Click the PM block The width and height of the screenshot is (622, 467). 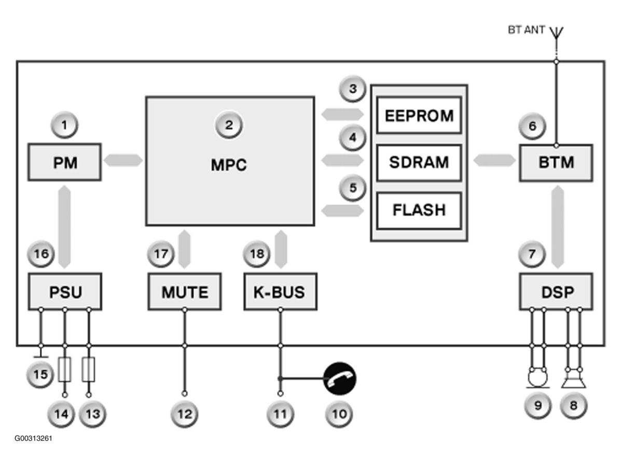click(64, 162)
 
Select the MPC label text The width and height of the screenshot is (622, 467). click(229, 165)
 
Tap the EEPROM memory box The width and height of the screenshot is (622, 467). click(419, 115)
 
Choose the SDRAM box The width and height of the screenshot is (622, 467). click(419, 163)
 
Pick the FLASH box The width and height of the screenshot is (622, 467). click(419, 210)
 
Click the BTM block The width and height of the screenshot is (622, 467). click(556, 163)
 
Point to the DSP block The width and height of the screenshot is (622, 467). click(556, 291)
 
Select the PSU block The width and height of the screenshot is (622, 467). click(65, 291)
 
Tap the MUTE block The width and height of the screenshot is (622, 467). click(185, 291)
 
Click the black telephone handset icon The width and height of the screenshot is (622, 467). click(340, 378)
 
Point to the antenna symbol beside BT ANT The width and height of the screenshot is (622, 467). click(557, 34)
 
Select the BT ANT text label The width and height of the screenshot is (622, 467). click(527, 30)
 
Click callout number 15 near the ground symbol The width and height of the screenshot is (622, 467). click(40, 374)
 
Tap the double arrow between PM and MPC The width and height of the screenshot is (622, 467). click(123, 160)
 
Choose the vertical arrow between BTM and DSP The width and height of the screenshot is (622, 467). click(558, 227)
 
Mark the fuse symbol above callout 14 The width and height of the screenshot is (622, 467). click(65, 369)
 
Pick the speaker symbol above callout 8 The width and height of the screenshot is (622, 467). click(574, 378)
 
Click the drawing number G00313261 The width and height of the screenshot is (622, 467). click(33, 438)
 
